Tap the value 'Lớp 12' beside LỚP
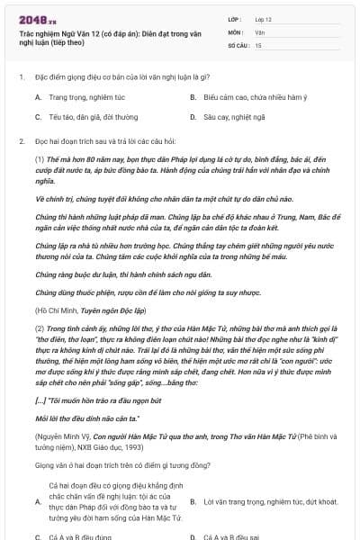(265, 18)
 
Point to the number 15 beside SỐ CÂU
(258, 44)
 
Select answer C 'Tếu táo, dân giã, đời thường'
(86, 117)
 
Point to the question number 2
(21, 142)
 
